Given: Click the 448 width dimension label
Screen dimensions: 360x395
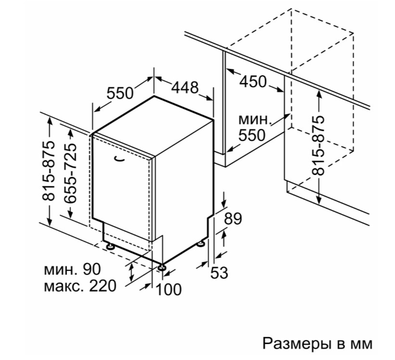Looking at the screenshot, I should pyautogui.click(x=185, y=87).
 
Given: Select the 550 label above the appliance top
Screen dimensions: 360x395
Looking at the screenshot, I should pyautogui.click(x=120, y=93).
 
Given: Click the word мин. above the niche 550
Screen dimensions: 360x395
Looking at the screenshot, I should pyautogui.click(x=255, y=119).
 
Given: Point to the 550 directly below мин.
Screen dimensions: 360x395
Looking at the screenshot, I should pyautogui.click(x=252, y=135).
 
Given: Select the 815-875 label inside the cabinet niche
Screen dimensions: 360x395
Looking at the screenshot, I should pyautogui.click(x=318, y=145).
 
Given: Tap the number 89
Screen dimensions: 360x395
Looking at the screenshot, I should pyautogui.click(x=233, y=218).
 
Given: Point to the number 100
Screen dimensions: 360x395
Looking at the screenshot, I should pyautogui.click(x=168, y=290).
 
